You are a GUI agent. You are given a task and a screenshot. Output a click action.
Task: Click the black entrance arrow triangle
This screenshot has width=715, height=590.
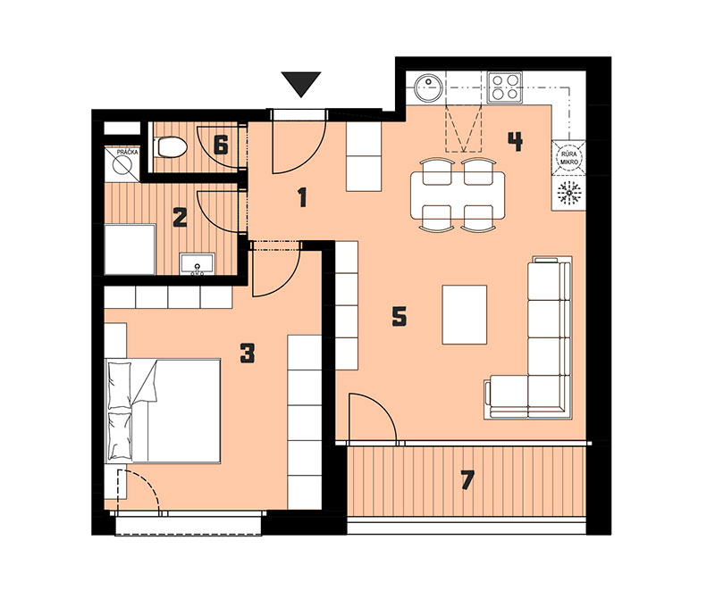301,83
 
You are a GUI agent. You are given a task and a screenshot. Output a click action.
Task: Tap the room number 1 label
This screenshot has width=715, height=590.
302,198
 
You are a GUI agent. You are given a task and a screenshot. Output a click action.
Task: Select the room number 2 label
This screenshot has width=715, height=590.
181,218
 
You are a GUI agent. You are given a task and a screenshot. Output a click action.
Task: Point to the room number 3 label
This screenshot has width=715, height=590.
248,353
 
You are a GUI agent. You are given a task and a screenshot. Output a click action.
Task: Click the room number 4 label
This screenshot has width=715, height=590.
516,142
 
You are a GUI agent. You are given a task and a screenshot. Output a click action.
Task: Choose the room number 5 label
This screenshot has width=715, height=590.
400,316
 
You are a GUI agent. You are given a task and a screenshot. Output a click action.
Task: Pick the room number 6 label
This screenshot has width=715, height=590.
221,146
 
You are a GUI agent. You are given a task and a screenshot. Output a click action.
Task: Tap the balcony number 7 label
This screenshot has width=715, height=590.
467,480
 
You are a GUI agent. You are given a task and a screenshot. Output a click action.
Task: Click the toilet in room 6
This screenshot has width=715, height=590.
171,147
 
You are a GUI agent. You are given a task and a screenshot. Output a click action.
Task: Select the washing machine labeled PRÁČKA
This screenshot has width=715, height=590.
122,164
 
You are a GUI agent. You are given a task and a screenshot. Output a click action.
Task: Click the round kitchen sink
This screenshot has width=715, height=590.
428,87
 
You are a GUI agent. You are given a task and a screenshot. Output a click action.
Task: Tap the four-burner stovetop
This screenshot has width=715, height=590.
505,87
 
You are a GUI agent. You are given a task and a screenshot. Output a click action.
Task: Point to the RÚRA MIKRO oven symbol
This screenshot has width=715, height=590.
568,158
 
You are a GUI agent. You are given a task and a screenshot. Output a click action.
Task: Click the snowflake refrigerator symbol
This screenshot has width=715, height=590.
568,193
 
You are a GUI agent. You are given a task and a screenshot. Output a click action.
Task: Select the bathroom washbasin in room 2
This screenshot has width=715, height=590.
197,264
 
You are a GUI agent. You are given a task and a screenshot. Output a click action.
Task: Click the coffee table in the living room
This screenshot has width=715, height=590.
464,314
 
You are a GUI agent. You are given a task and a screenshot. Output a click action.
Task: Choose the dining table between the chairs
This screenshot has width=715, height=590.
458,195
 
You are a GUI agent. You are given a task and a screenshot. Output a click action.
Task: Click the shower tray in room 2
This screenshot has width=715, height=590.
130,249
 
